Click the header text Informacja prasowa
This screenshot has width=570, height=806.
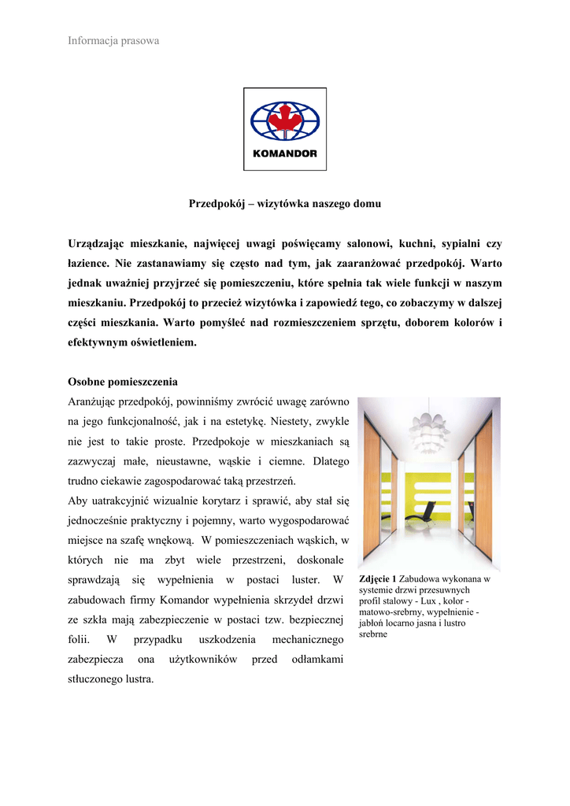(x=113, y=40)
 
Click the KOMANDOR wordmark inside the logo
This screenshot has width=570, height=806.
(x=284, y=153)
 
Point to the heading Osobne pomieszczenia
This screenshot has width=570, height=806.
(x=123, y=382)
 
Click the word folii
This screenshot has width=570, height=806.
(x=79, y=639)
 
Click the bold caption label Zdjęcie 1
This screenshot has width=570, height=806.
(x=378, y=579)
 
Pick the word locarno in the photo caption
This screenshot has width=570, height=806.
(x=410, y=623)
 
